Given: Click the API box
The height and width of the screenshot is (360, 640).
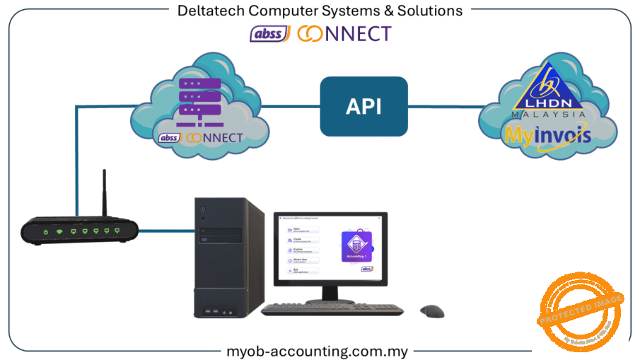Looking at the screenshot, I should click(x=363, y=106).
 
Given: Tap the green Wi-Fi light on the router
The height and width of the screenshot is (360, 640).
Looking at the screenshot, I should click(x=60, y=231).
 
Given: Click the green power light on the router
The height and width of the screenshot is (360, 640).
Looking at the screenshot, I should click(x=45, y=231).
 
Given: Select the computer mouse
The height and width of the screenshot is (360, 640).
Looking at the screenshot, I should click(x=431, y=310).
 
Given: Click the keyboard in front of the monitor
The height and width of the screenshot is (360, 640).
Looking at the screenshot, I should click(x=332, y=309).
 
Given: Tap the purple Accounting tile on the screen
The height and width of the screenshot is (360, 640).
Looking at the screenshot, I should click(x=357, y=246).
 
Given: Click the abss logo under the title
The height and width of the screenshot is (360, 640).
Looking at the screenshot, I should click(x=269, y=33).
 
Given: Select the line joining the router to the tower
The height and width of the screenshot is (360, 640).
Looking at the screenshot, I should click(x=166, y=229).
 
